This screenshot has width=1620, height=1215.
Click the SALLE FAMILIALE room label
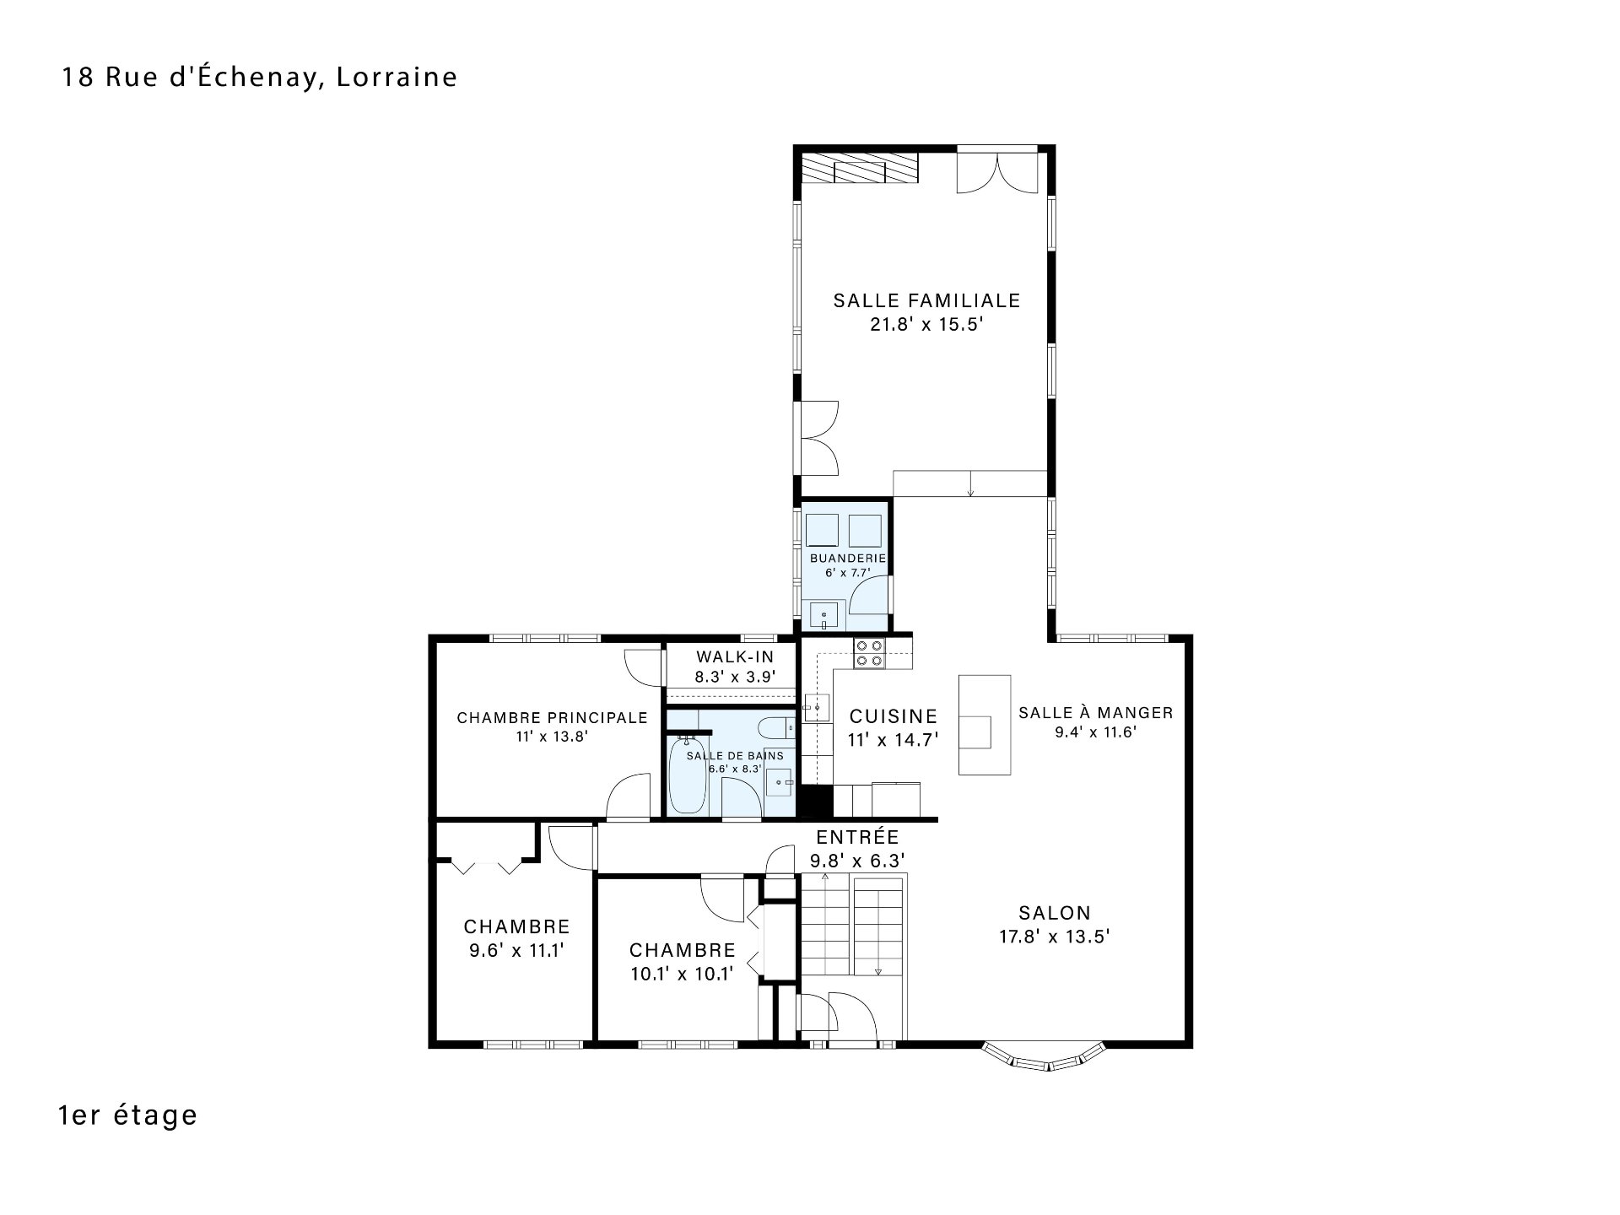(926, 300)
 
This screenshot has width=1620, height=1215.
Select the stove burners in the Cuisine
(869, 653)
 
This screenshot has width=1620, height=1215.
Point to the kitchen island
(984, 724)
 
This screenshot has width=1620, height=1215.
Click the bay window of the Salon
(1044, 1059)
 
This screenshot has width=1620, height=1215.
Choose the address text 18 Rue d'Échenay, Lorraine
(260, 77)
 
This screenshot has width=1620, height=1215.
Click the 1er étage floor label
(128, 1115)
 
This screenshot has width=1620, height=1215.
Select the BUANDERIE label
(848, 559)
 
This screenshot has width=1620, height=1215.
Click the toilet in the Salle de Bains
(776, 726)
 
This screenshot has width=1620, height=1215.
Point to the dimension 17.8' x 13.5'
(1054, 936)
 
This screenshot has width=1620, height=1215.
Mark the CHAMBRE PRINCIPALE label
(553, 718)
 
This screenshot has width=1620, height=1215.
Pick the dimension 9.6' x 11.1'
(516, 950)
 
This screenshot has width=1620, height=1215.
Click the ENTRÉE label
(857, 838)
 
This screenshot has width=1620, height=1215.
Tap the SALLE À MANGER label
(1096, 713)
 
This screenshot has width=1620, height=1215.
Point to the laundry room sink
(823, 615)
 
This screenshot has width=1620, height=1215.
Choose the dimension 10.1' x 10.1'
(682, 974)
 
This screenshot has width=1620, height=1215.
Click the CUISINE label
(894, 717)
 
